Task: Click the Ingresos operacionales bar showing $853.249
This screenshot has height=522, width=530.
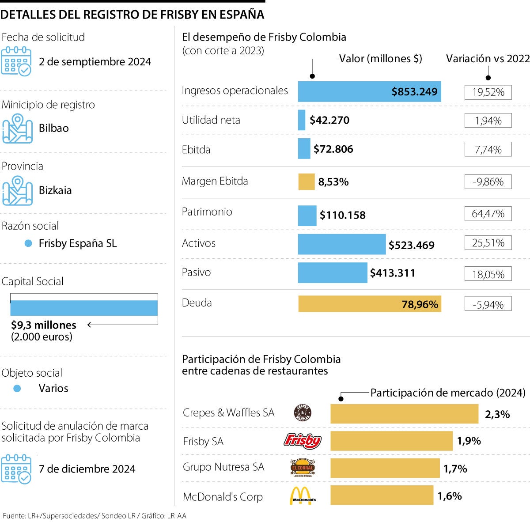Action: pos(369,91)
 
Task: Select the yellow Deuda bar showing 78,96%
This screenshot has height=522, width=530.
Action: pos(369,304)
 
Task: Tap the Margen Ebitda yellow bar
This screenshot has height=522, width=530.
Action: pos(306,182)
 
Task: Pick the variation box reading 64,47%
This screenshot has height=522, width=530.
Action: pos(488,214)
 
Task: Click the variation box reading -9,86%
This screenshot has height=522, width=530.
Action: pos(488,182)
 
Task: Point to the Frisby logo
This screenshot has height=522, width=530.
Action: pos(303,441)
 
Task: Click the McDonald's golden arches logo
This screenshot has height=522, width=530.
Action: pos(303,496)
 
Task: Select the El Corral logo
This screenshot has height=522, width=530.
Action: pos(302,468)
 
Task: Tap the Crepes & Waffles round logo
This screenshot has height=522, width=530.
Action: pos(303,413)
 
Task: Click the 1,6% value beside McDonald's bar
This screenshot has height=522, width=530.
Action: pos(450,496)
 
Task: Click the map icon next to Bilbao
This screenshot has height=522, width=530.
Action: pos(17,129)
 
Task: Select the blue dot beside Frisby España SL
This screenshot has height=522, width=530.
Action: pos(28,243)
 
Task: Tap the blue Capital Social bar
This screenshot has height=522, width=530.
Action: pos(84,308)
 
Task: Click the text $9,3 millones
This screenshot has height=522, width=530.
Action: pos(44,325)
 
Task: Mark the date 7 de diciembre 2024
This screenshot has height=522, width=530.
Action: pos(87,469)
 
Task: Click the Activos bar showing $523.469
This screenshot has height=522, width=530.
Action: pos(341,244)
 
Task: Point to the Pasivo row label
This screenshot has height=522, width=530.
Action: pos(196,272)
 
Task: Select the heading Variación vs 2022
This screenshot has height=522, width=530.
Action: pos(488,59)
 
